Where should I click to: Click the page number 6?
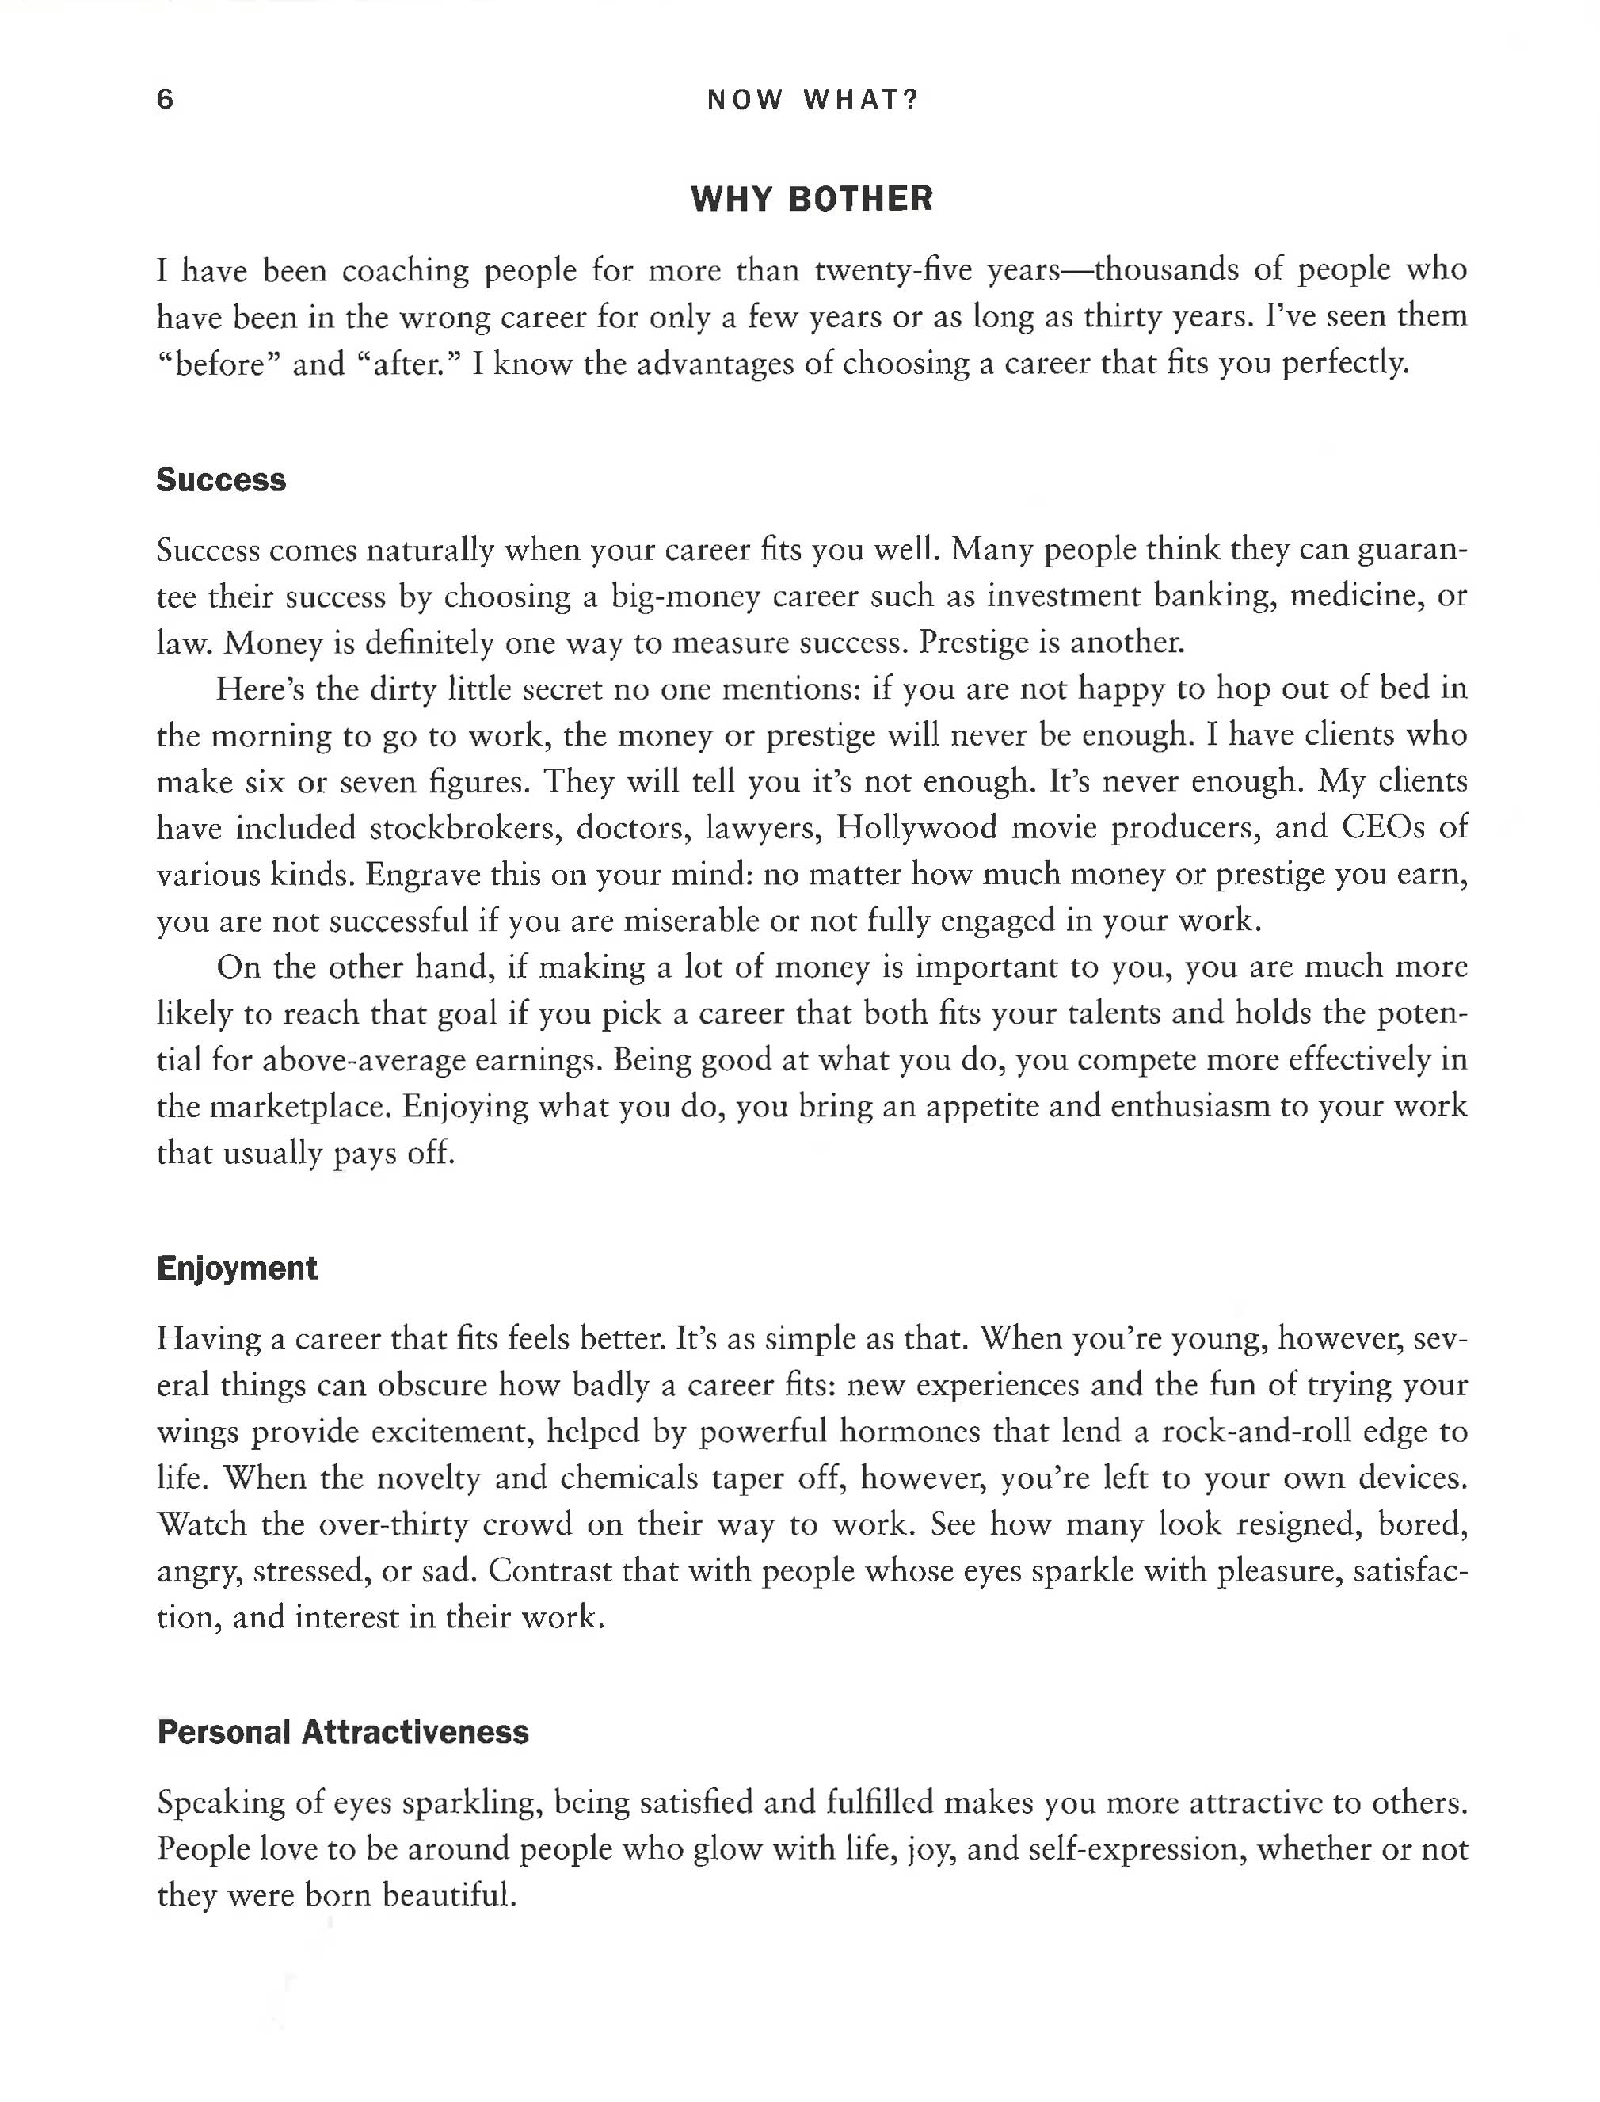pyautogui.click(x=165, y=99)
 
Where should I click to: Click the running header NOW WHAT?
pyautogui.click(x=813, y=99)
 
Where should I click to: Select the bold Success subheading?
pyautogui.click(x=221, y=480)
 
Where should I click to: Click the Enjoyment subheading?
pyautogui.click(x=236, y=1268)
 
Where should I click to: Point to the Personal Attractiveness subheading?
pyautogui.click(x=342, y=1731)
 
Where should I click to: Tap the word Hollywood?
pyautogui.click(x=916, y=828)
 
